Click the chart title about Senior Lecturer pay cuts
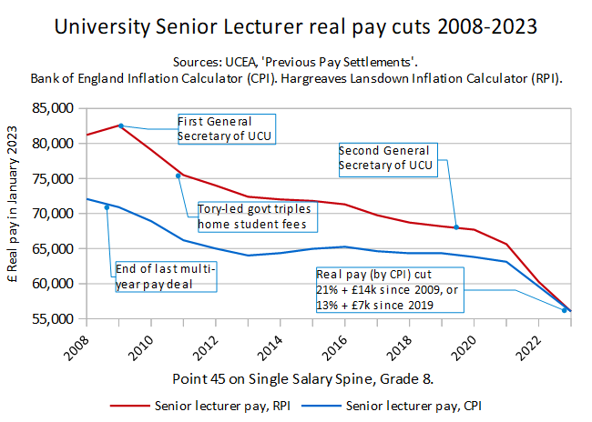pos(296,26)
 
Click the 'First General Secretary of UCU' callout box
pos(225,128)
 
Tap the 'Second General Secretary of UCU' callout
pos(387,157)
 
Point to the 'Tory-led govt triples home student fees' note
pos(250,216)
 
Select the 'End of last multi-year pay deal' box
pos(165,276)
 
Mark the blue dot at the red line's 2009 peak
pos(120,126)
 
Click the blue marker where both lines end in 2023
pos(565,310)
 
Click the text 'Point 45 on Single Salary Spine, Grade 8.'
pos(296,376)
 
